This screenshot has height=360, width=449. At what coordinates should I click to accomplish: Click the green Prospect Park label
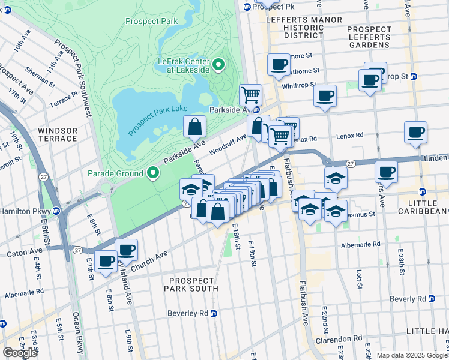click(152, 21)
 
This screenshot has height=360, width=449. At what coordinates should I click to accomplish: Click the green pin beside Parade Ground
click(153, 173)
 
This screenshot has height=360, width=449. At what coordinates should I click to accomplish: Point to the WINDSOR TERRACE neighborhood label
click(58, 134)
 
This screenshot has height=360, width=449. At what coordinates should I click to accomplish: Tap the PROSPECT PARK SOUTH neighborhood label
click(192, 284)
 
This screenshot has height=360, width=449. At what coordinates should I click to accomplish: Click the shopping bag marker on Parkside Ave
click(195, 127)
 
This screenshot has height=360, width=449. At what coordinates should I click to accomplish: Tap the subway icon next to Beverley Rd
click(214, 313)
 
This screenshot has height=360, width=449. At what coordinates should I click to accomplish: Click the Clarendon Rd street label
click(340, 338)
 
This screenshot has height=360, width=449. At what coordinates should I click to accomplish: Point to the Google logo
click(20, 353)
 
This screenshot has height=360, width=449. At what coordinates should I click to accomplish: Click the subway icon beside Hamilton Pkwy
click(56, 211)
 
